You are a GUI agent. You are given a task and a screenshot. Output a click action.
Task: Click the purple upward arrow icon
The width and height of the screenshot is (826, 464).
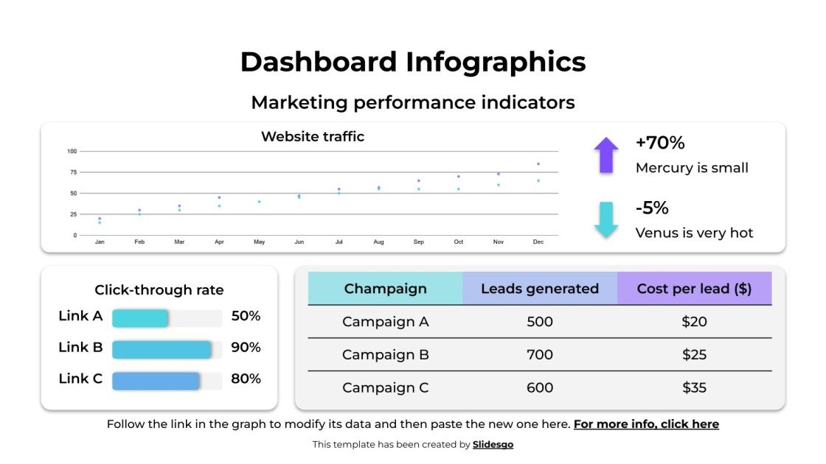pos(606,155)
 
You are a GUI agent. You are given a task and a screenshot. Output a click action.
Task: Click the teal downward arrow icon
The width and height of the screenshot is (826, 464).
pos(606,219)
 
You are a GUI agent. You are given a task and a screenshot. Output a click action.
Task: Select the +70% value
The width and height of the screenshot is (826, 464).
pos(660,143)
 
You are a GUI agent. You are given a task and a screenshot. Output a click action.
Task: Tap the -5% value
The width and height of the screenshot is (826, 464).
pos(652,208)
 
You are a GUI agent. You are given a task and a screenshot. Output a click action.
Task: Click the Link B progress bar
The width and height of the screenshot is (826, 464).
pos(162,350)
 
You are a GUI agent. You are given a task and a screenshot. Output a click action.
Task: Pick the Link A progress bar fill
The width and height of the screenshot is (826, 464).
pos(140,318)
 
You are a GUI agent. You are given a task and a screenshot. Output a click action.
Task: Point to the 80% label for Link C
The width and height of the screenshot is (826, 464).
pos(246,379)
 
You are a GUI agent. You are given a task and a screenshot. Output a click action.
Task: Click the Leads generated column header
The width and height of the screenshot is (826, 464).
pos(540,289)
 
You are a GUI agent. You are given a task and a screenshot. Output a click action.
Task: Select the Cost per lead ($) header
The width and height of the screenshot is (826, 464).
pos(694,289)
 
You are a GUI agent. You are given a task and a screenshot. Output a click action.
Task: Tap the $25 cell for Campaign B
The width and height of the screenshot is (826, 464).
pos(694,354)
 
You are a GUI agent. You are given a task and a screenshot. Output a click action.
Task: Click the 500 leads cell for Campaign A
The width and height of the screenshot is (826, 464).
pos(540,322)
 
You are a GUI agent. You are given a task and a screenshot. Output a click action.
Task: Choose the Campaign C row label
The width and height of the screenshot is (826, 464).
pos(385,387)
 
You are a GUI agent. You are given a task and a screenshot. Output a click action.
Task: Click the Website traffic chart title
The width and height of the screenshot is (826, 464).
pos(313,136)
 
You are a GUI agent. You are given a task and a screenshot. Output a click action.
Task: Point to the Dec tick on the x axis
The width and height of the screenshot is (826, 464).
pos(538,242)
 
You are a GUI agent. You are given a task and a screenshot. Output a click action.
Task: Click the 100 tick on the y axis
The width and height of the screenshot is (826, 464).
pos(72,152)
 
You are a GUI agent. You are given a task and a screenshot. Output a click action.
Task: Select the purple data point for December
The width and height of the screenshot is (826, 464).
pos(538,164)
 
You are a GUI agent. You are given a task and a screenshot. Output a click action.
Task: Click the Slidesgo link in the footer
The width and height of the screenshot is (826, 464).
pos(493,444)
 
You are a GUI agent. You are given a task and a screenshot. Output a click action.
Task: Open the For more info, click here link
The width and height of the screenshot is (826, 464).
pos(646,424)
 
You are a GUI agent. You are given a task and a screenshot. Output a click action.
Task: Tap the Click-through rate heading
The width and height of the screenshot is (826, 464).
pos(159,290)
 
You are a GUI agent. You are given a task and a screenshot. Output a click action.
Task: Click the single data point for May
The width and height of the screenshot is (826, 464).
pos(259,202)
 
